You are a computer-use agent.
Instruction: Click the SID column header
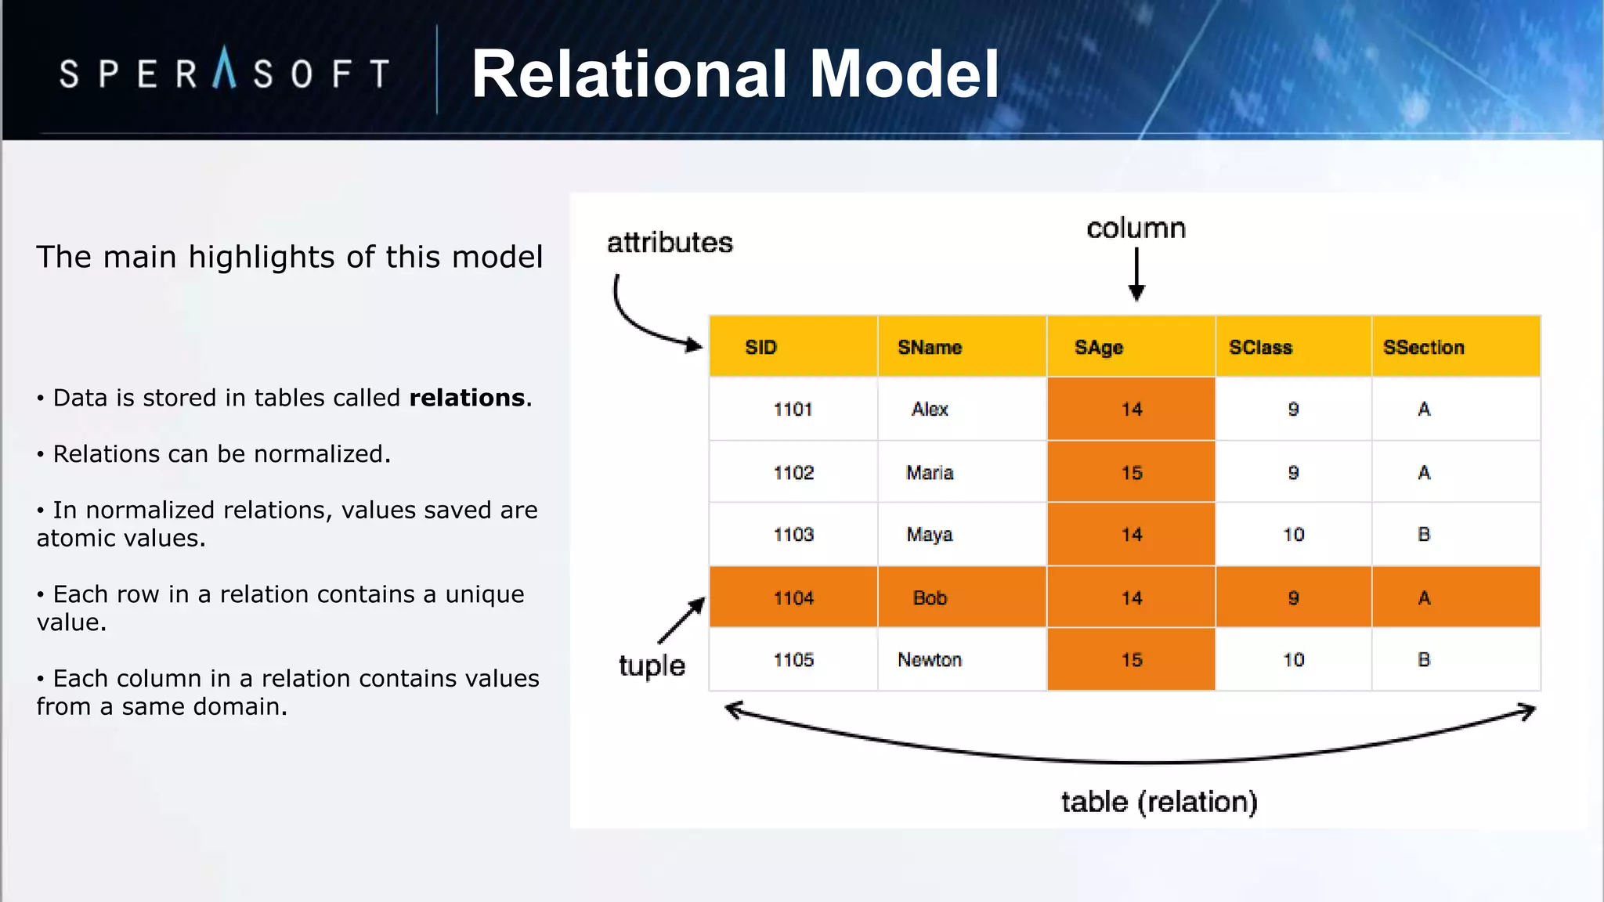click(760, 347)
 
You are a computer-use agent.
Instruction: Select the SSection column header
click(1423, 347)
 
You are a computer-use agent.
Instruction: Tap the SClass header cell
click(1260, 347)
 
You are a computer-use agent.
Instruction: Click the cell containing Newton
click(930, 660)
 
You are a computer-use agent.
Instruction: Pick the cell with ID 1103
click(793, 535)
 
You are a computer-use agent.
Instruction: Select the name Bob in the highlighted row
click(930, 598)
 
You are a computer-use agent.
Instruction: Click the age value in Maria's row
click(1131, 473)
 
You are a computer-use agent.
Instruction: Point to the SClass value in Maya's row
click(1293, 535)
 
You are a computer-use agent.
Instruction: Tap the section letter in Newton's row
click(1424, 660)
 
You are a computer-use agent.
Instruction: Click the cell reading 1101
click(793, 410)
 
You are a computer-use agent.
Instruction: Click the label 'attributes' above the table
click(670, 243)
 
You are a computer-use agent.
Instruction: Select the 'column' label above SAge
click(1136, 229)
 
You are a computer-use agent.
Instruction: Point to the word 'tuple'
click(652, 666)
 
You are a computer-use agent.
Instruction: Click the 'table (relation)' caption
click(1159, 802)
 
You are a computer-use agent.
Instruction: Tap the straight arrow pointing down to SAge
click(1136, 274)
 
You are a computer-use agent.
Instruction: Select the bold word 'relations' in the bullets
click(467, 398)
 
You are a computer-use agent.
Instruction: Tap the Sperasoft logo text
click(225, 73)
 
